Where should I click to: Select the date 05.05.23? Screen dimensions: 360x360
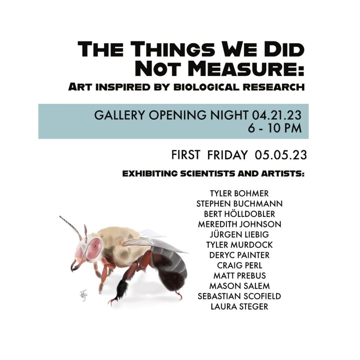pos(281,155)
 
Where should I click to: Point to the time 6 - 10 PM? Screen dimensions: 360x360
pos(275,128)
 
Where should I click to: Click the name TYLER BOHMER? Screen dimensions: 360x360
pos(239,193)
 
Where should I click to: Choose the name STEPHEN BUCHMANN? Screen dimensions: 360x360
pos(239,204)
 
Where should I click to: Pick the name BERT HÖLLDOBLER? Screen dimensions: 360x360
pos(239,214)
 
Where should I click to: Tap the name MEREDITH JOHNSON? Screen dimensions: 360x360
pos(239,224)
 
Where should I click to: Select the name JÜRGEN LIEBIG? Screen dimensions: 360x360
pos(239,234)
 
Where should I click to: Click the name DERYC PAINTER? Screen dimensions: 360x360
pos(239,255)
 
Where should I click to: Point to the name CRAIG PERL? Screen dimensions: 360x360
pos(239,265)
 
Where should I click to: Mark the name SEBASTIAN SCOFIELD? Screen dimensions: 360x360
pos(239,296)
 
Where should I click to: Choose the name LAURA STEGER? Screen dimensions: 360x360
pos(239,306)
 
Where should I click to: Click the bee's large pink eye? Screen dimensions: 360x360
pos(93,248)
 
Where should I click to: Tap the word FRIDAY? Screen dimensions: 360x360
pos(227,155)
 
